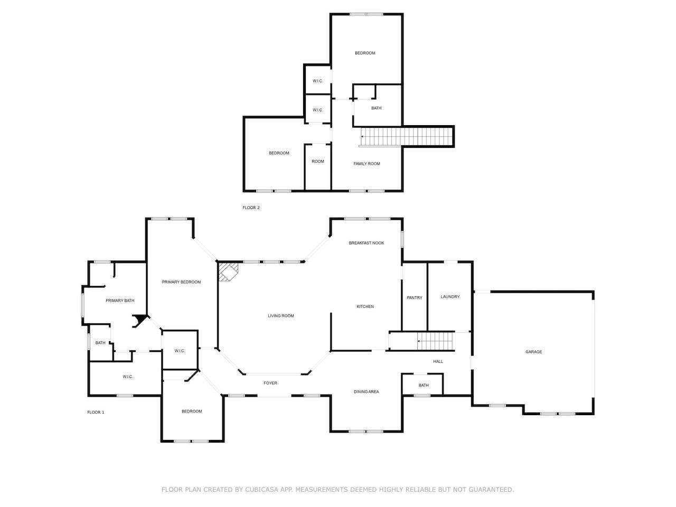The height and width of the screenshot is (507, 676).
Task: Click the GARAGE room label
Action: point(533,352)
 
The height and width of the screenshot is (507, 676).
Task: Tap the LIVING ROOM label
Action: point(280,315)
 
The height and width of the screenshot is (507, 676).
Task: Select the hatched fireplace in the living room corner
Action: point(228,271)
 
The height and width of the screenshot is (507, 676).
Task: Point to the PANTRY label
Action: point(414,298)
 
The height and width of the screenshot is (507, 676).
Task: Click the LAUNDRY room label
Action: point(450,297)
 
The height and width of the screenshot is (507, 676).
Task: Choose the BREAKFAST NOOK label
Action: point(366,243)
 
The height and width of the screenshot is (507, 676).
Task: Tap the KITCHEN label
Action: point(365,307)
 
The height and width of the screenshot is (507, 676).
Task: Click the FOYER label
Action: point(270,383)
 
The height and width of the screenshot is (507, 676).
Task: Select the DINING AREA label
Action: point(366,391)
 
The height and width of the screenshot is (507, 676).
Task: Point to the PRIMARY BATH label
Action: point(120,301)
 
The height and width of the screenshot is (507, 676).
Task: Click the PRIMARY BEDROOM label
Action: point(181,282)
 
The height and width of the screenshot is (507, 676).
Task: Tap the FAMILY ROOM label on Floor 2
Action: point(367,164)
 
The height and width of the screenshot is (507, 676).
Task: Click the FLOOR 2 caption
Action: point(251,208)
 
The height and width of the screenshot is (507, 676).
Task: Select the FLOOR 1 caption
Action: point(96,412)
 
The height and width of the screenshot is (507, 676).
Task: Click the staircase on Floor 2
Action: point(406,137)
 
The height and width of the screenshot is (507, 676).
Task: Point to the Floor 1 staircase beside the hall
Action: point(436,341)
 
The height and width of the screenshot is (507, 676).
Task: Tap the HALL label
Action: point(438,361)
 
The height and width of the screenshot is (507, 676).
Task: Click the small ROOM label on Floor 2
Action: point(317,161)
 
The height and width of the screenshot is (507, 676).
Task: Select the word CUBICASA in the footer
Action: point(261,490)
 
